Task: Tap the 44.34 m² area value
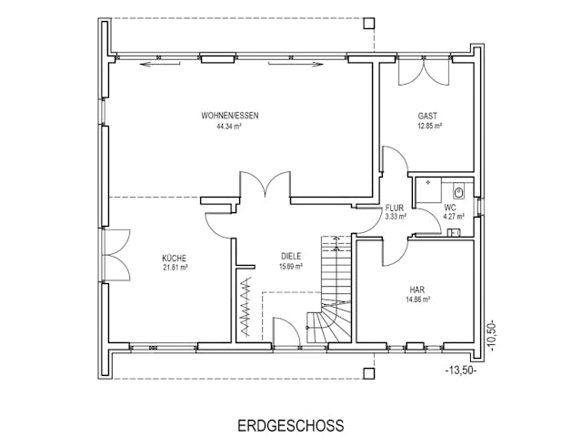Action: pos(228,127)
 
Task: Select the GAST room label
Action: pos(427,116)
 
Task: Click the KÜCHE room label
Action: pos(175,258)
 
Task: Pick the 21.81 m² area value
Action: pos(175,269)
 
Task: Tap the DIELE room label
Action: pos(291,256)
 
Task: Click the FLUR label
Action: pos(394,208)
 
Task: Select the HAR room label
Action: pos(416,288)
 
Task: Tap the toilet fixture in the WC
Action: pos(458,191)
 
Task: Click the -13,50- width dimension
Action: pos(461,371)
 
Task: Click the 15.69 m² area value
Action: pos(291,267)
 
